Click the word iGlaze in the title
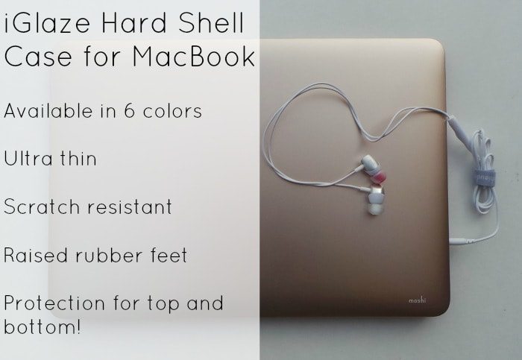point(46,24)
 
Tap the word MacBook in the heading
point(194,56)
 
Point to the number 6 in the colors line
point(130,110)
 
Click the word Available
point(48,110)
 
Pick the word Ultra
point(28,158)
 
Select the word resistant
point(130,206)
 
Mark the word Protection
point(54,303)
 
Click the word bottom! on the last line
point(43,326)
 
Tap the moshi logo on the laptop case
point(417,300)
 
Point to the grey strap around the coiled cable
point(485,177)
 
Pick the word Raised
point(35,255)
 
